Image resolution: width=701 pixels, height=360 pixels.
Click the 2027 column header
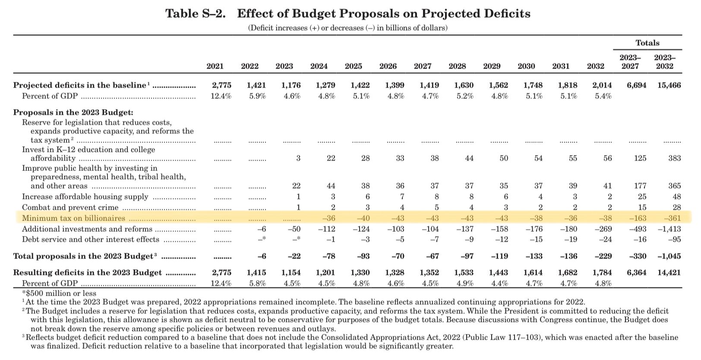[x=422, y=66]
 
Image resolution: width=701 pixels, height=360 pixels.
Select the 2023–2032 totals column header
[x=665, y=62]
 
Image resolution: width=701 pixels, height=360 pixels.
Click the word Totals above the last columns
[x=647, y=43]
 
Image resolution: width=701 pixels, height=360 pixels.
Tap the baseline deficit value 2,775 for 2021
[x=221, y=85]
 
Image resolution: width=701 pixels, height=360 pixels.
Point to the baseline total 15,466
[x=669, y=85]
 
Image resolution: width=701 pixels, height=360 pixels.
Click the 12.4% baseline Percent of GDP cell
[x=221, y=96]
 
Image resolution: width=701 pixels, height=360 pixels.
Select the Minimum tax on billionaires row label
[x=73, y=218]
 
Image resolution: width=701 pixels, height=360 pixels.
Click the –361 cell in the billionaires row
[x=672, y=218]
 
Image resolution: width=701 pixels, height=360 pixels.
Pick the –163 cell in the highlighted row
[x=638, y=218]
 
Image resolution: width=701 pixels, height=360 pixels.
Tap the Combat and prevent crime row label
[x=70, y=208]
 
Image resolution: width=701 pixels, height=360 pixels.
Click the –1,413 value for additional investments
[x=669, y=229]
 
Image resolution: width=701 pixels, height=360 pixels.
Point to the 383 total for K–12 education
[x=674, y=158]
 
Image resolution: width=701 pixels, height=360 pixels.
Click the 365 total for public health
[x=674, y=186]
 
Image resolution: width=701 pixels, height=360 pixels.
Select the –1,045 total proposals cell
[x=669, y=256]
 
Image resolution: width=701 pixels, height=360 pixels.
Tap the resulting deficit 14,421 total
[x=669, y=273]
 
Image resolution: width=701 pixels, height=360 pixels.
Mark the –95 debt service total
[x=674, y=240]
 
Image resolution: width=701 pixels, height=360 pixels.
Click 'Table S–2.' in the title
[x=196, y=14]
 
